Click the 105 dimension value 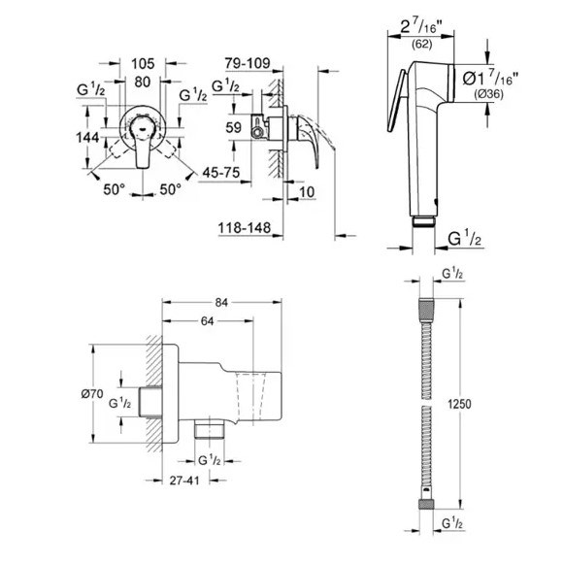tap(143, 64)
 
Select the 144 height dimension tap(87, 138)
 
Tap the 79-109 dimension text tap(248, 63)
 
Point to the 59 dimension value tap(233, 127)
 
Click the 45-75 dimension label tap(221, 173)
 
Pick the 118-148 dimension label tap(245, 228)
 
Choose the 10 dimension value tap(307, 192)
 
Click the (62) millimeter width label tap(421, 45)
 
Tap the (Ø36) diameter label tap(488, 94)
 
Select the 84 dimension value tap(221, 303)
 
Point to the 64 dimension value tap(207, 321)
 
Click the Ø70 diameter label tap(92, 394)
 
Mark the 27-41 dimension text tap(184, 481)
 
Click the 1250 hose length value tap(459, 404)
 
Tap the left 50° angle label tap(114, 189)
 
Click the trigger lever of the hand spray tap(397, 100)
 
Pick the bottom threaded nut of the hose tap(426, 504)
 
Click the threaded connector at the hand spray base tap(423, 221)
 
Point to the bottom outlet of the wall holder tap(210, 429)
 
